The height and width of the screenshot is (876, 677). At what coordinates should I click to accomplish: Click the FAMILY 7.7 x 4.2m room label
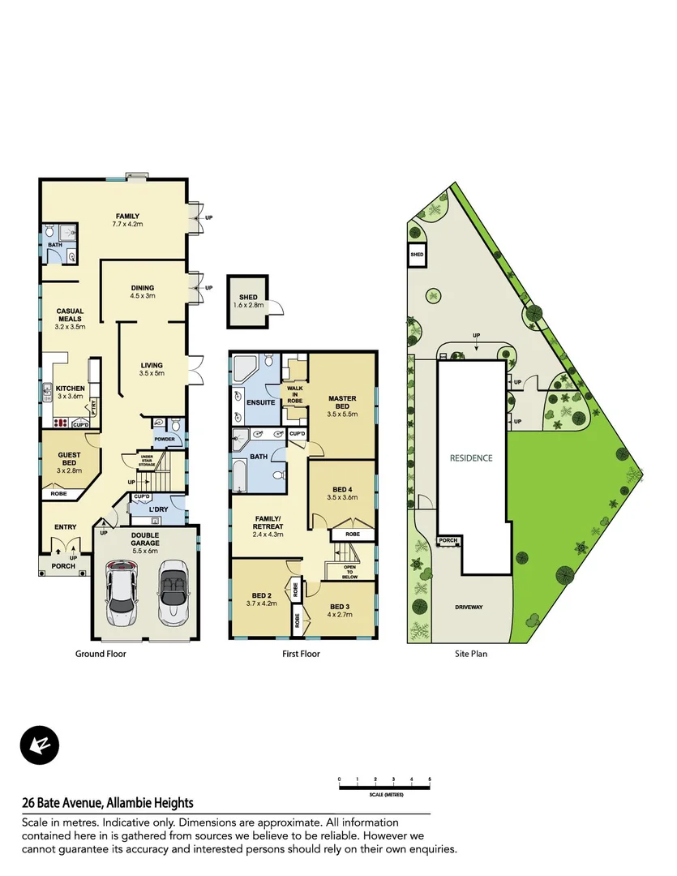tap(127, 220)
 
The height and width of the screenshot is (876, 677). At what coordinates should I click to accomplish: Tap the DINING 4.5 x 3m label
tap(143, 292)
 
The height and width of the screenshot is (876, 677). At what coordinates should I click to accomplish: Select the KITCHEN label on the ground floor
tap(70, 393)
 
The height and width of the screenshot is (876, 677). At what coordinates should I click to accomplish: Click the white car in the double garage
tap(122, 590)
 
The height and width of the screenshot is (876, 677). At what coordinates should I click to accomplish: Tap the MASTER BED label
tap(343, 402)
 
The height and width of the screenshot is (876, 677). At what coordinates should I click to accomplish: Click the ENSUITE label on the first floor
tap(259, 402)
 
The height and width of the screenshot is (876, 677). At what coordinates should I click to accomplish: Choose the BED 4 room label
tap(342, 493)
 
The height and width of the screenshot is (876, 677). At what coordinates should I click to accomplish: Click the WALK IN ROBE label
tap(294, 394)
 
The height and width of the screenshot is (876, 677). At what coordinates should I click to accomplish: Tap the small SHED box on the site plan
tap(417, 254)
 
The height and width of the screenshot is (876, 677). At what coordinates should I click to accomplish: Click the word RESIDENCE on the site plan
tap(471, 457)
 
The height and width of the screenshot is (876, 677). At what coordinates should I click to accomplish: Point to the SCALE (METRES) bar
tap(384, 787)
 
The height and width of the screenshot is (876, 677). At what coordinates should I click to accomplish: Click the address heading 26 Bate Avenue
tap(108, 803)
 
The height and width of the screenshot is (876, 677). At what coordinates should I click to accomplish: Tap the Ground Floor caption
tap(101, 653)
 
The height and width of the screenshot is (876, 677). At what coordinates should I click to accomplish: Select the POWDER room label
tap(165, 440)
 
